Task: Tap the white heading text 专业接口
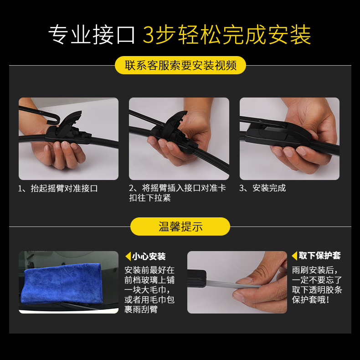click(x=92, y=35)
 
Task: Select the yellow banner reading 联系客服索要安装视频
click(x=180, y=65)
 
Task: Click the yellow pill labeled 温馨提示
click(x=180, y=226)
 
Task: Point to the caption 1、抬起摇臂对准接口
click(x=58, y=188)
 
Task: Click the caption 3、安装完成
click(x=262, y=188)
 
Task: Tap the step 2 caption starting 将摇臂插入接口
click(x=177, y=193)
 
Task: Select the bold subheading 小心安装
click(x=149, y=257)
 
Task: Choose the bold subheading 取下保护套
click(x=319, y=256)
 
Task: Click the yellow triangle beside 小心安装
click(x=128, y=256)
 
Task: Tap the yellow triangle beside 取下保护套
click(x=294, y=256)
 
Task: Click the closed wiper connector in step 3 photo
click(x=278, y=134)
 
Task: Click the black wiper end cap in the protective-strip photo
click(x=197, y=278)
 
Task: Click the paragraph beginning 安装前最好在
click(x=149, y=290)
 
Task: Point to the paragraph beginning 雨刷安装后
click(x=317, y=285)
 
